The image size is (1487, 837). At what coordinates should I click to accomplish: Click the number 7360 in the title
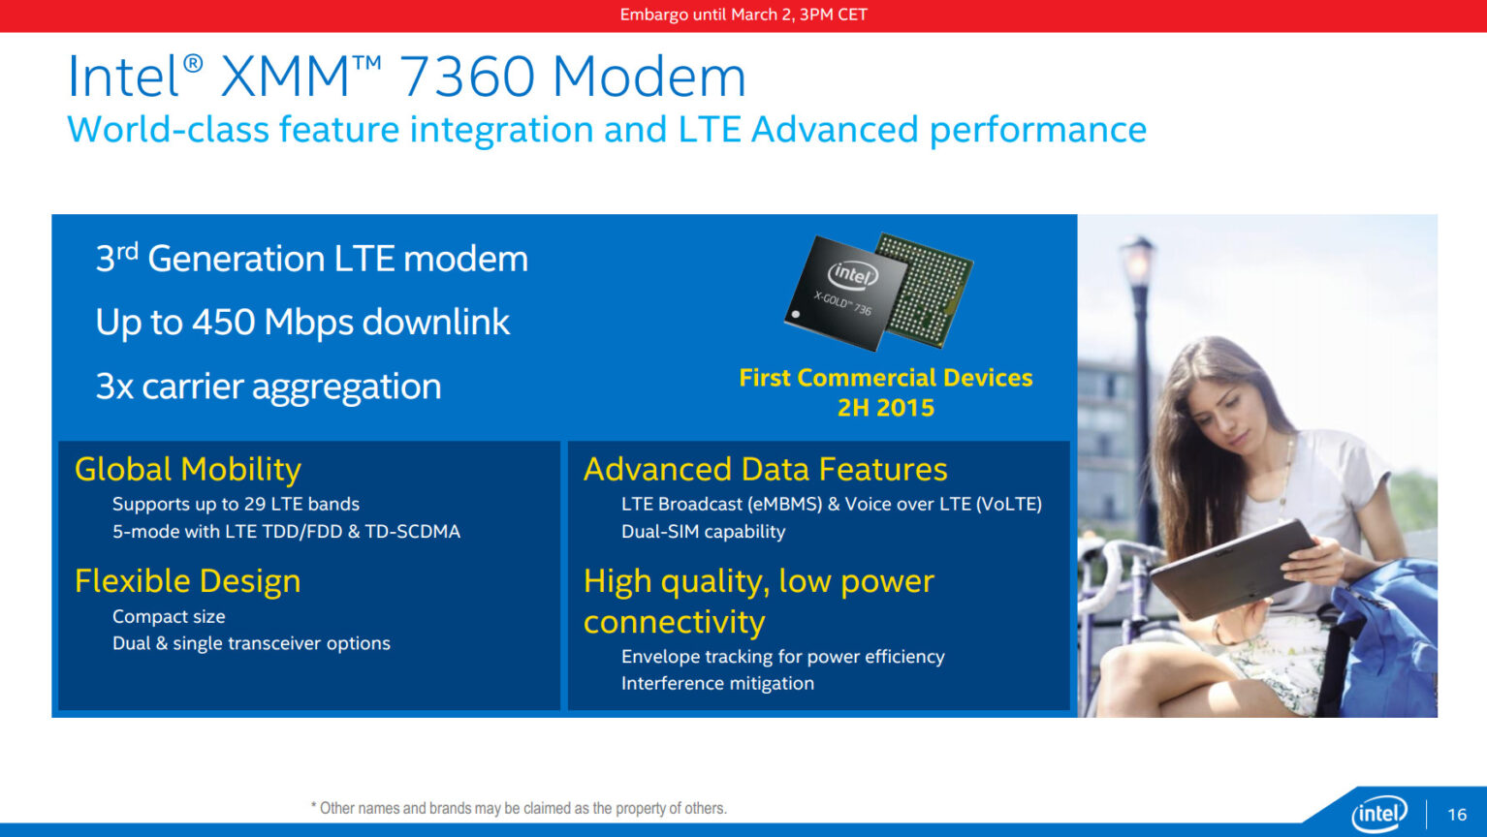tap(465, 77)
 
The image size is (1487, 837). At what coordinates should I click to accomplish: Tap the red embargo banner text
tap(743, 15)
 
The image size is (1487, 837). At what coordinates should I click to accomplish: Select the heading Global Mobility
tap(188, 469)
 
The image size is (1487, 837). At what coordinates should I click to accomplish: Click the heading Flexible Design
tap(187, 581)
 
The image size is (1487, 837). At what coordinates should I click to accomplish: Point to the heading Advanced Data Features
tap(765, 469)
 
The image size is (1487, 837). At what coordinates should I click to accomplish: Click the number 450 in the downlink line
tap(223, 323)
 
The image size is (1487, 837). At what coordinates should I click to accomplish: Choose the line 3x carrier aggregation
tap(269, 387)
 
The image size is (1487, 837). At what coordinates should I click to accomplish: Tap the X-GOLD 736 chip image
tap(877, 291)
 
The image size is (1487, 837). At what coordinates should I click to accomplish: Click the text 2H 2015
tap(886, 408)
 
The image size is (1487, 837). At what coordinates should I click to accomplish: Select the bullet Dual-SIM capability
tap(703, 532)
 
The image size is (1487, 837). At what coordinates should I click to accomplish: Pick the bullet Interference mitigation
tap(717, 683)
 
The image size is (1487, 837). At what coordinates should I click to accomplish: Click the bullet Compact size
tap(169, 617)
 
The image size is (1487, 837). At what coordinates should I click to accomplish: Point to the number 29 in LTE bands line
tap(255, 505)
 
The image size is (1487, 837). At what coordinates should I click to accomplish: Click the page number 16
tap(1457, 815)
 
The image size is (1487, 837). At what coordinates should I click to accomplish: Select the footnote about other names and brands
tap(519, 808)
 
